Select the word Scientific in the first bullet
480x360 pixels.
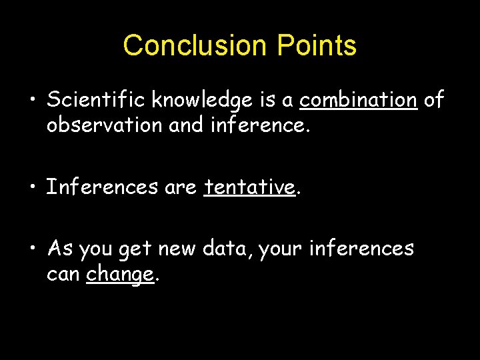point(96,100)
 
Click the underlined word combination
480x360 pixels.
point(359,100)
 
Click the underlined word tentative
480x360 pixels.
point(249,187)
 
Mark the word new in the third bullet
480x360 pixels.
point(177,249)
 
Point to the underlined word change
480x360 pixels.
point(120,274)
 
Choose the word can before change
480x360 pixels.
point(63,274)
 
